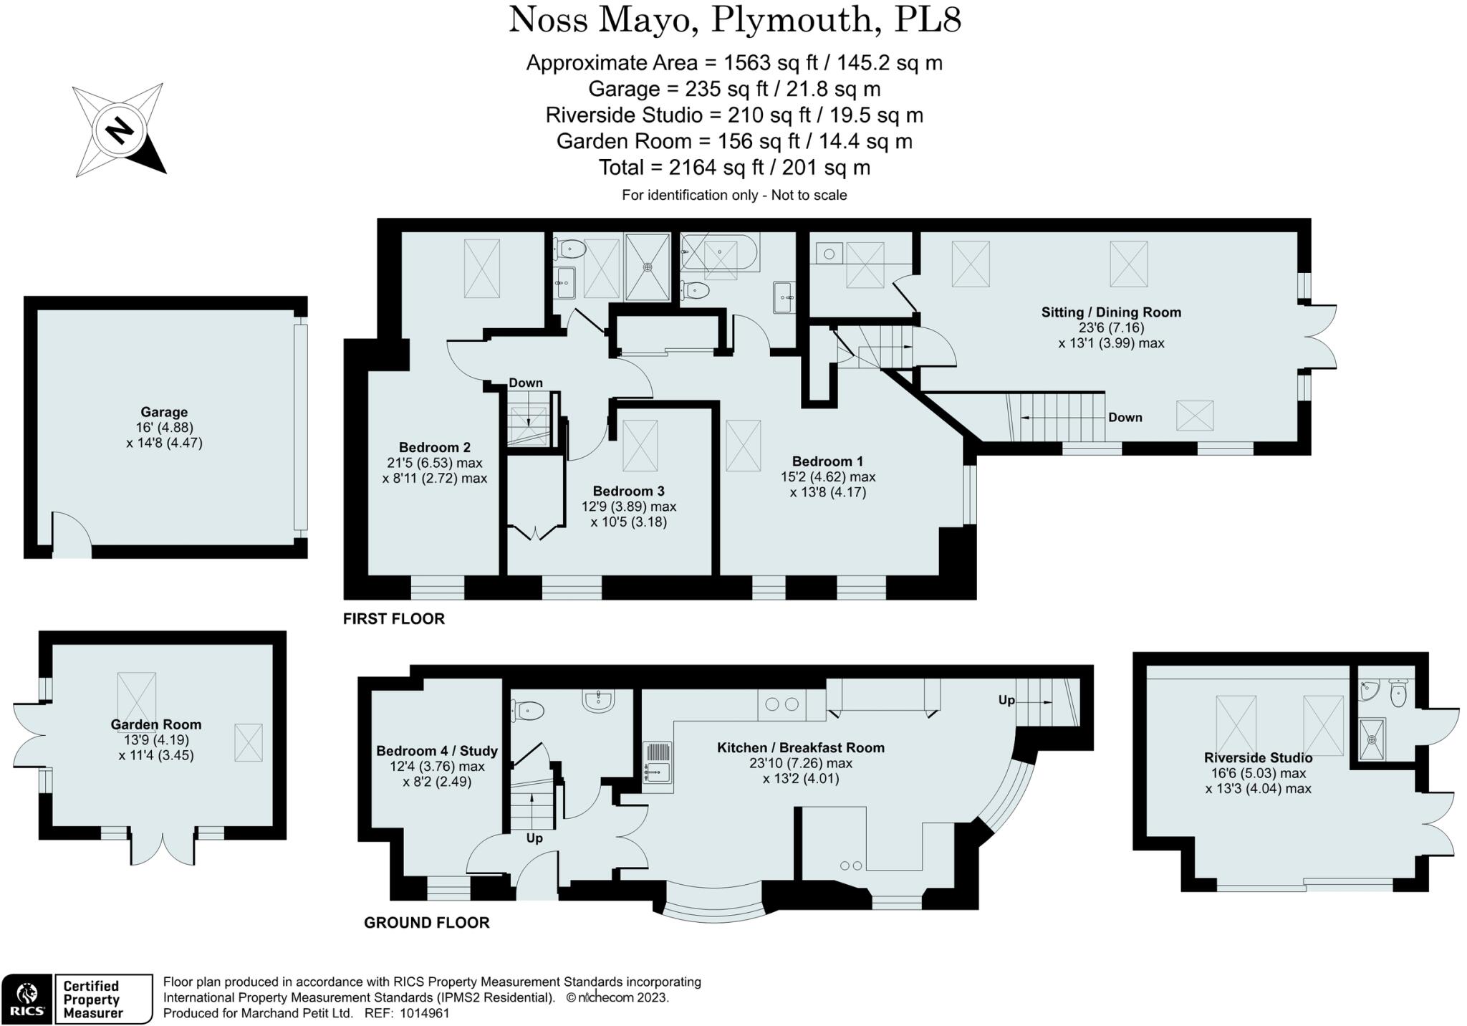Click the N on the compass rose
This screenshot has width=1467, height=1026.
pyautogui.click(x=120, y=131)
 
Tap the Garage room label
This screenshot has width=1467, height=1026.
pyautogui.click(x=164, y=412)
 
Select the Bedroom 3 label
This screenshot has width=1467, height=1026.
pyautogui.click(x=628, y=491)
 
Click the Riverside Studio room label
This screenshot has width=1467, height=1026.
pyautogui.click(x=1258, y=758)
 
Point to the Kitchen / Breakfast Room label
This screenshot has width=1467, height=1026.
pyautogui.click(x=800, y=748)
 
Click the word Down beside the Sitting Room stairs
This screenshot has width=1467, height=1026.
pyautogui.click(x=1125, y=418)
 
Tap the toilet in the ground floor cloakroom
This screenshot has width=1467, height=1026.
pyautogui.click(x=528, y=711)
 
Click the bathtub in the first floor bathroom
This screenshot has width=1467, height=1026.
pyautogui.click(x=719, y=252)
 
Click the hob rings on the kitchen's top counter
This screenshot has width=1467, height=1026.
pyautogui.click(x=781, y=704)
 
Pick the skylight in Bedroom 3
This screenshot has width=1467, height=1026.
pyautogui.click(x=640, y=445)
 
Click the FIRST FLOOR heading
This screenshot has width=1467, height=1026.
pyautogui.click(x=393, y=619)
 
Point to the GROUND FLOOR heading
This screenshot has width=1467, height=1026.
pyautogui.click(x=426, y=923)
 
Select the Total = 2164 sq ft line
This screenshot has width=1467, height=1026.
pyautogui.click(x=733, y=168)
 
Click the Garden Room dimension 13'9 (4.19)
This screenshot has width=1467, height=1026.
pyautogui.click(x=155, y=740)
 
